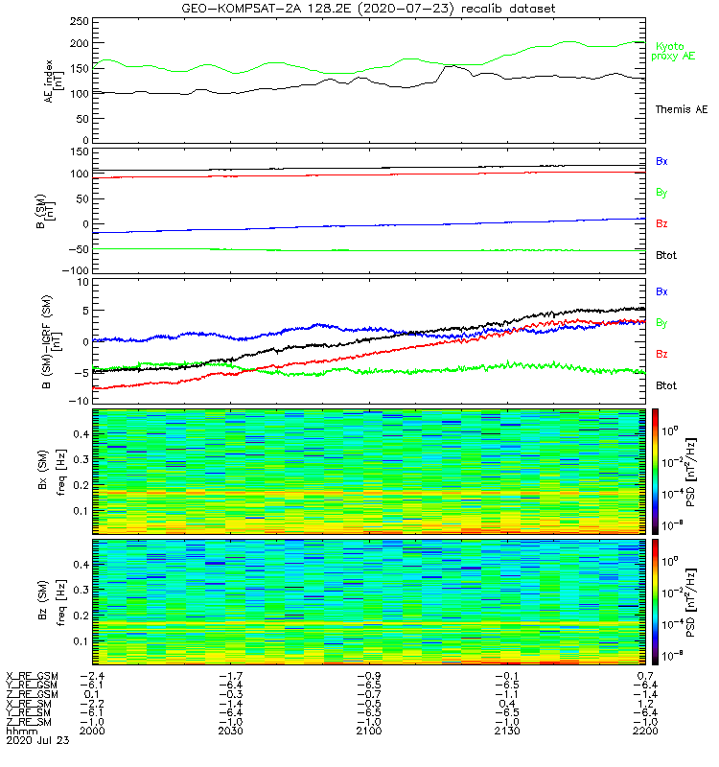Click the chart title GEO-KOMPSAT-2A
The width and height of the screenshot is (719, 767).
point(368,8)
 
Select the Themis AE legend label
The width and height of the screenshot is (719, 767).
point(681,110)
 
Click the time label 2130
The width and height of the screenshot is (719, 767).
point(506,731)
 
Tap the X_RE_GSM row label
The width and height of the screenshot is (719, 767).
point(32,677)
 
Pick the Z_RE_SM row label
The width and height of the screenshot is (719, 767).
point(30,721)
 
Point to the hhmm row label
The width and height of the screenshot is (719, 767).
point(19,731)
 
